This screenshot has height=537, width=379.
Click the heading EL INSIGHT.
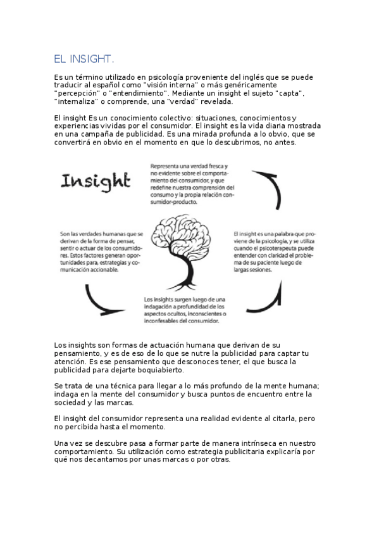[84, 59]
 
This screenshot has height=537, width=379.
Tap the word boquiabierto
[156, 370]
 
